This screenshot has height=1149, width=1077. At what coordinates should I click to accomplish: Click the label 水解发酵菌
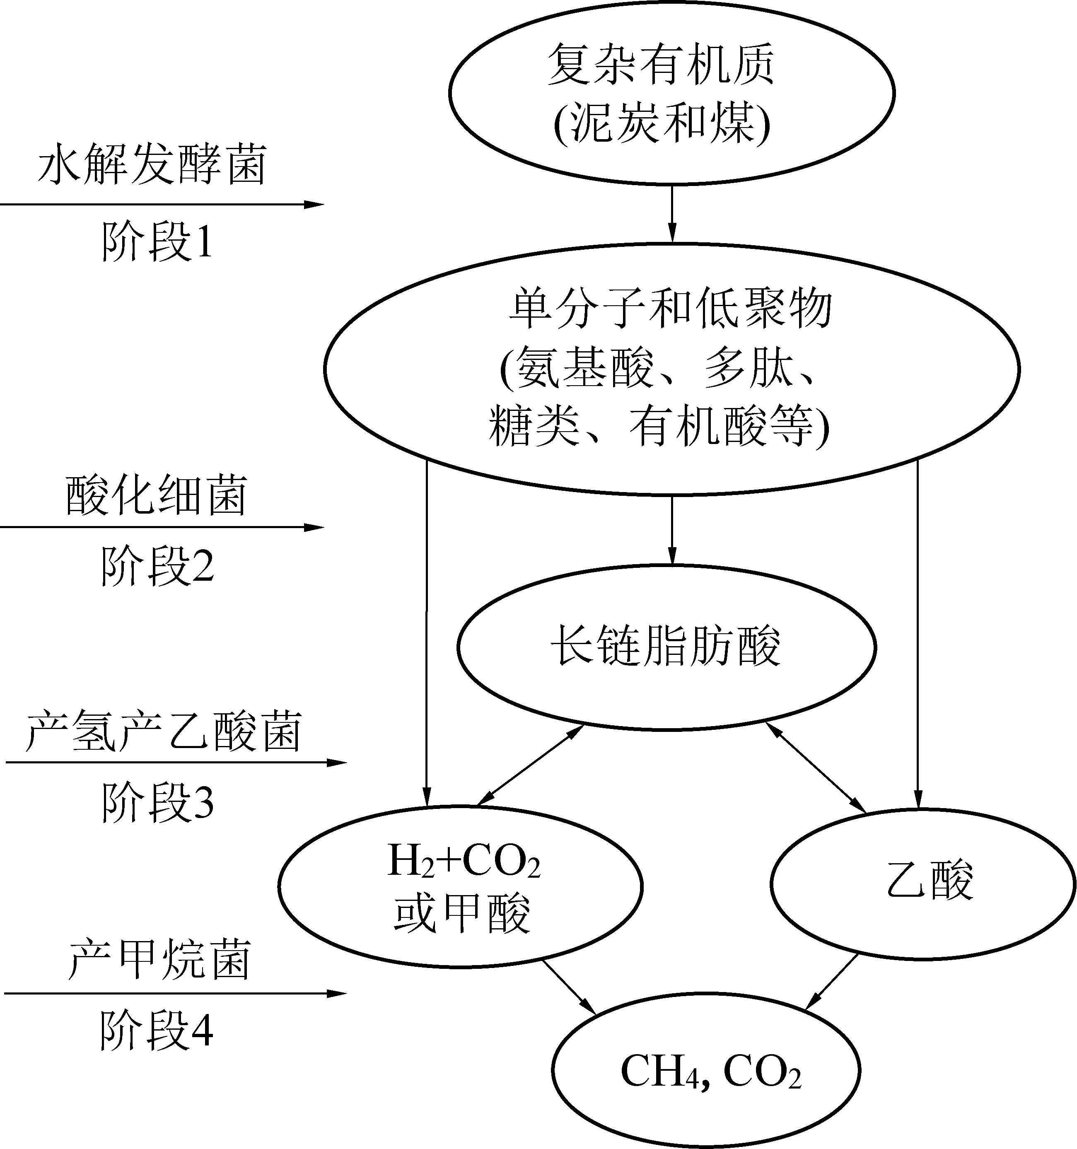coord(152,165)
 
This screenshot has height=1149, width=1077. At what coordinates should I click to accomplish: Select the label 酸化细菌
coord(156,495)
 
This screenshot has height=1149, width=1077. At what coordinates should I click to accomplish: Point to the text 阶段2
coord(157,566)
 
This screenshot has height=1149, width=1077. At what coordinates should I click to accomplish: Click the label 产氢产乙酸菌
coord(164,732)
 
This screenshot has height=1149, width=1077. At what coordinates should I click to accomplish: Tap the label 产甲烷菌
coord(159,960)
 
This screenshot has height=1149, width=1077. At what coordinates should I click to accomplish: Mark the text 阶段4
coord(156,1031)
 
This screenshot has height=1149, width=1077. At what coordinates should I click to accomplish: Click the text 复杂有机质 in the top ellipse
coord(661,64)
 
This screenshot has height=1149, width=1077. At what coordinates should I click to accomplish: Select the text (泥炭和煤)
coord(662,123)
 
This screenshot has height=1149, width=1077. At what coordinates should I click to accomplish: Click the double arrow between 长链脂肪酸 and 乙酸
coord(815,767)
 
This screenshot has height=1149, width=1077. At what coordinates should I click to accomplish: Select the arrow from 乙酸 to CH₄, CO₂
coord(833,981)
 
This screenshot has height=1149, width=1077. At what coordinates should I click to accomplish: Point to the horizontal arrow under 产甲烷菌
coord(174,994)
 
